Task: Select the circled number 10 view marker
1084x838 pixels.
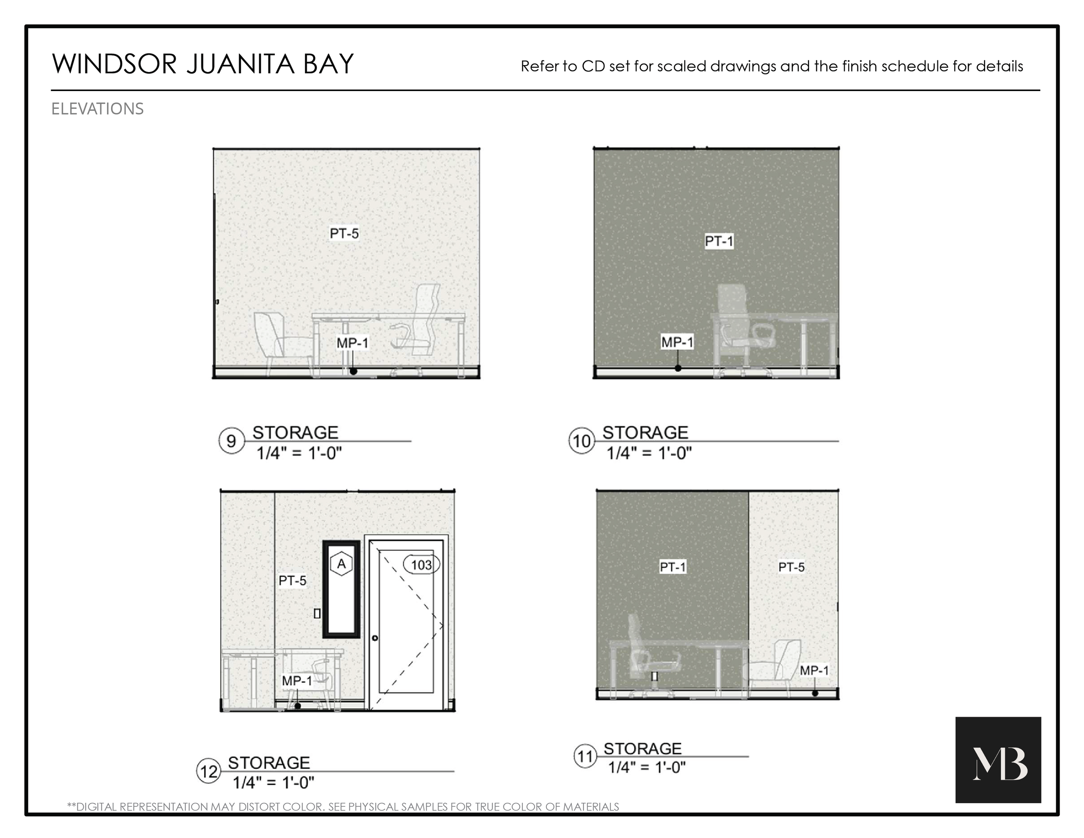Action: click(x=581, y=441)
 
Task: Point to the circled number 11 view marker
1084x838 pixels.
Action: click(x=585, y=756)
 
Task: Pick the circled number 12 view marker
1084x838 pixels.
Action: click(x=209, y=772)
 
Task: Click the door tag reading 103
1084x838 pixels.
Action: click(x=421, y=564)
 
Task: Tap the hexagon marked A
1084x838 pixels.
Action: click(x=342, y=563)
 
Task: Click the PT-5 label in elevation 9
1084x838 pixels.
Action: click(x=344, y=233)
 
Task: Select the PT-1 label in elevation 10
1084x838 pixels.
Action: click(x=719, y=241)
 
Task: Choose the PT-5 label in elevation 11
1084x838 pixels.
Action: click(x=791, y=567)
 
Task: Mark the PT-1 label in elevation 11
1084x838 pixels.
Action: click(x=673, y=567)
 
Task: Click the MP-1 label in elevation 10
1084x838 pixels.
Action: click(x=677, y=342)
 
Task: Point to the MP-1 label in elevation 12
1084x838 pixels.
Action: click(x=297, y=681)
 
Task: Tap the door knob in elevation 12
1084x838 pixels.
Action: click(x=375, y=638)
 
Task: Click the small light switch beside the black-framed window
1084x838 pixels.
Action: click(x=317, y=614)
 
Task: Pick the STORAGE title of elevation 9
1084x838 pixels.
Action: click(x=295, y=432)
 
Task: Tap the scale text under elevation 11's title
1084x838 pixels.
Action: click(x=647, y=767)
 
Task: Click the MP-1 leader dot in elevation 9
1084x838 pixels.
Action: click(x=353, y=371)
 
